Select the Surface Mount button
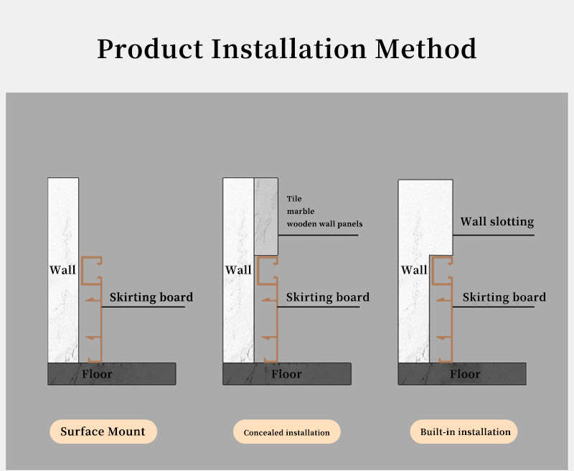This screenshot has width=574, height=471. tap(103, 432)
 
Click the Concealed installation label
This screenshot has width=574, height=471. tap(286, 432)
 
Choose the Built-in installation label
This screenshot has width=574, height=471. tap(465, 432)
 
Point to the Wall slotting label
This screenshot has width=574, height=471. tap(497, 221)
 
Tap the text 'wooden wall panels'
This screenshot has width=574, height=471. tap(324, 224)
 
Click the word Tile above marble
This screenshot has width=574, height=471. tap(294, 198)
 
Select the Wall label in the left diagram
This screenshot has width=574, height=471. tap(62, 270)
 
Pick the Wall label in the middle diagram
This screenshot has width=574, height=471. tap(238, 270)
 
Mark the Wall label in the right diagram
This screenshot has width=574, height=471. tap(414, 270)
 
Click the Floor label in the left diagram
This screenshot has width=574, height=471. tap(97, 374)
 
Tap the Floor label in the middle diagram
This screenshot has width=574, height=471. tap(286, 374)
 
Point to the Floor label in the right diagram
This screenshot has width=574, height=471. tap(465, 374)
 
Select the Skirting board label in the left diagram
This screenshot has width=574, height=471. tap(151, 297)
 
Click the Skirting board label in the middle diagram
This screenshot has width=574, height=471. tap(327, 297)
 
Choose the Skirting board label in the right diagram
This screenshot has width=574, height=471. tap(504, 297)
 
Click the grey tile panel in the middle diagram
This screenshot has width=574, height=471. tap(266, 215)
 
